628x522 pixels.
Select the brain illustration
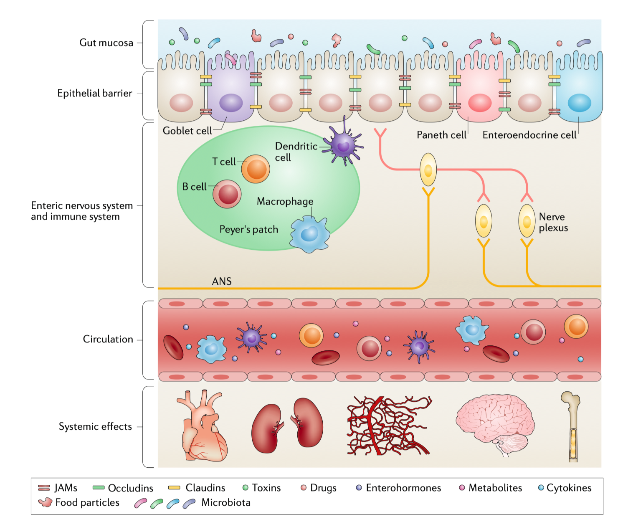(x=495, y=422)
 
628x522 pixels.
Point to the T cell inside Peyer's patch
(x=256, y=169)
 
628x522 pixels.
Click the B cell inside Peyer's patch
(x=227, y=194)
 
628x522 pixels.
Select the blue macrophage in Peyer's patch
(x=309, y=234)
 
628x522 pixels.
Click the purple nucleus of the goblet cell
(x=231, y=103)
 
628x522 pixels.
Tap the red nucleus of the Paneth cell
(x=480, y=103)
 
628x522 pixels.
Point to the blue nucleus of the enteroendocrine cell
(x=579, y=103)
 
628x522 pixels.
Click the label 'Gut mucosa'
(x=106, y=43)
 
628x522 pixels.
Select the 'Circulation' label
(x=108, y=339)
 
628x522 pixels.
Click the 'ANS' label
(x=222, y=281)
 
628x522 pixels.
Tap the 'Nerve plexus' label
(x=553, y=222)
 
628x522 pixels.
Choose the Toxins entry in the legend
(x=262, y=488)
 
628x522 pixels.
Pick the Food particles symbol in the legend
(x=45, y=502)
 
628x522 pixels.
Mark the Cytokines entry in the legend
(x=565, y=488)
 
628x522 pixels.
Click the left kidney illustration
(x=266, y=428)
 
